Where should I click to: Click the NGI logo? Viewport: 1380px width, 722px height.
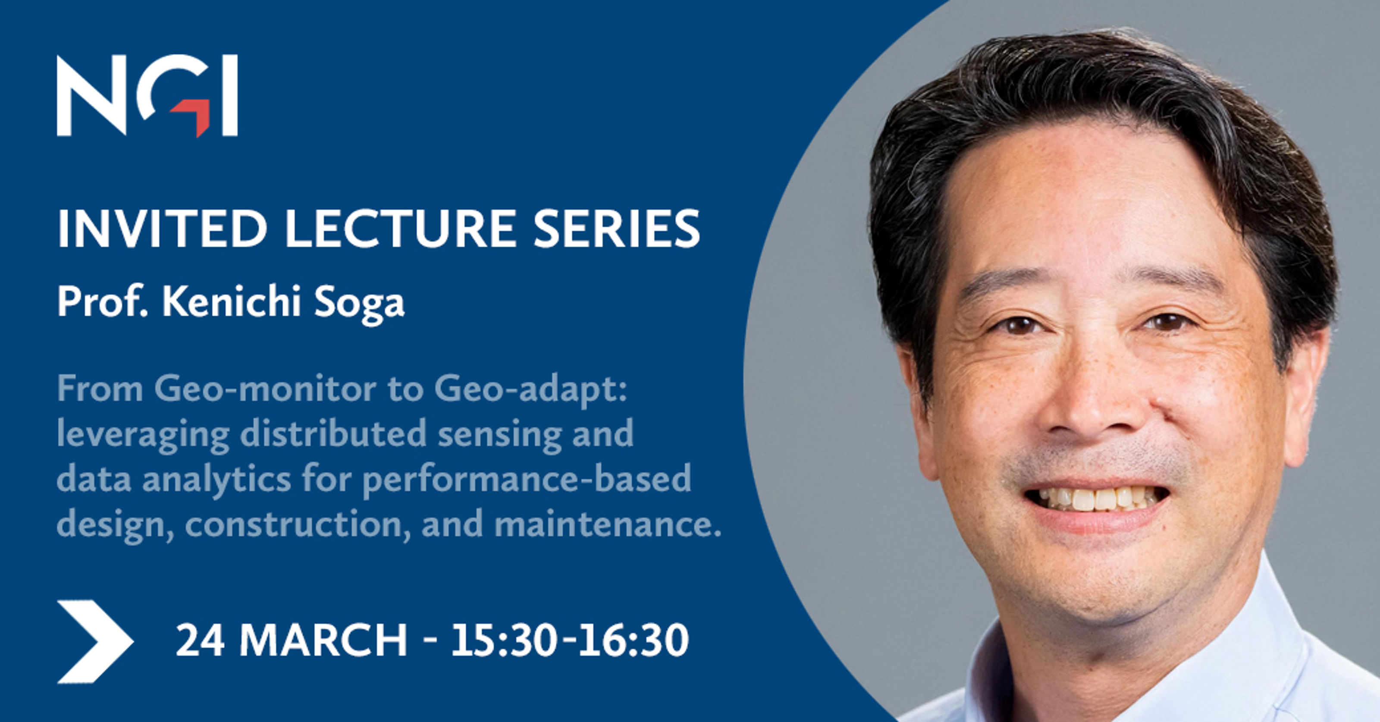point(147,95)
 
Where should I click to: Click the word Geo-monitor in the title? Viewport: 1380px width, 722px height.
point(265,389)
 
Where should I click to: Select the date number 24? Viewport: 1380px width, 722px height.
point(200,640)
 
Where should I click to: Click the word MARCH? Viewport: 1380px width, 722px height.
point(323,640)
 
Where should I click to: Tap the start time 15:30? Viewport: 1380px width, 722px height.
point(501,640)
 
